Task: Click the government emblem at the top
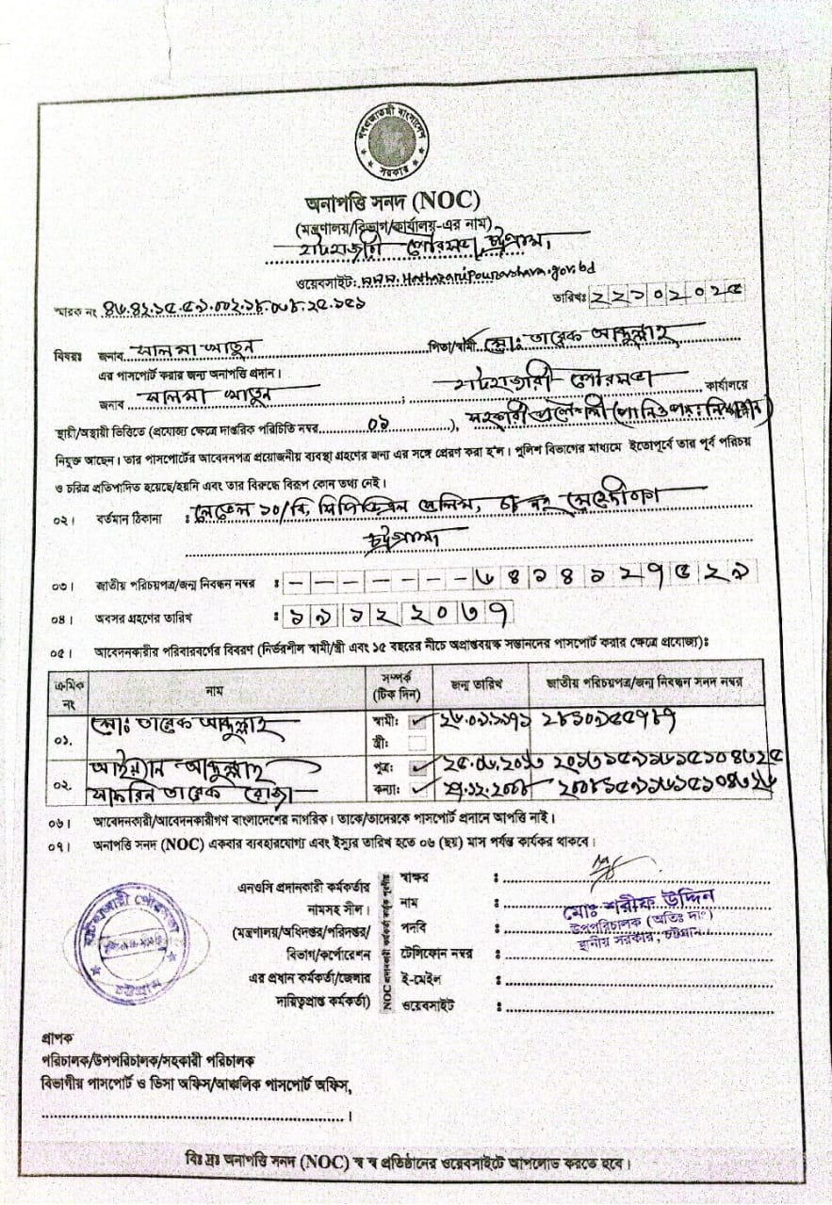[x=397, y=142]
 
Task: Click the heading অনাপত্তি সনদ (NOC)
[x=394, y=201]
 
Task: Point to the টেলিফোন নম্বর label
[x=435, y=954]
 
